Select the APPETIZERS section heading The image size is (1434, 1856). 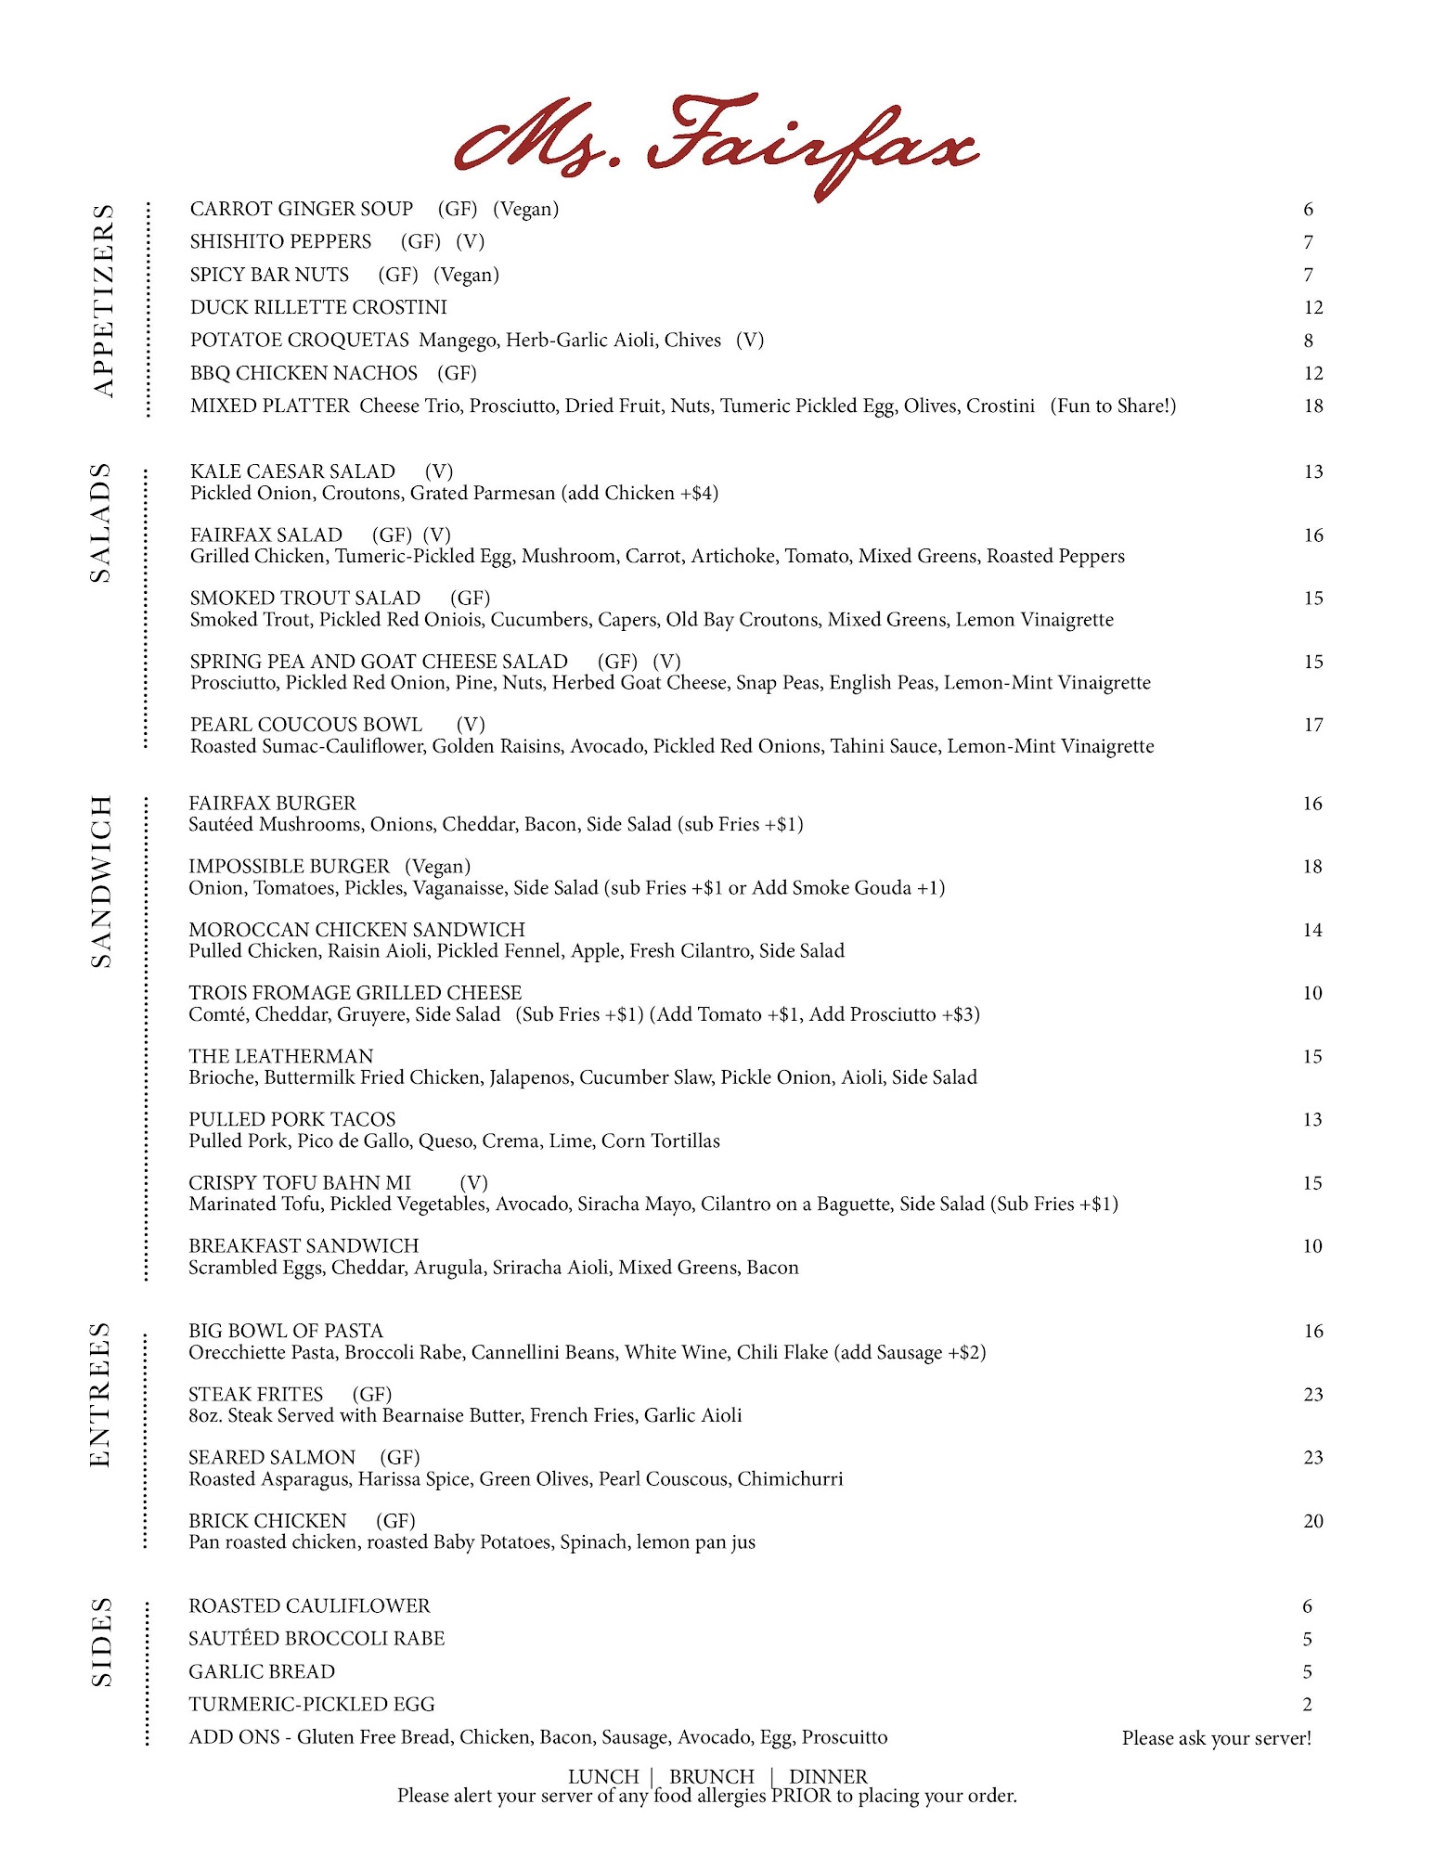[x=103, y=302]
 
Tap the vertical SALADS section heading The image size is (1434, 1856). [x=100, y=522]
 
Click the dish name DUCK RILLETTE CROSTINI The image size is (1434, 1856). [x=318, y=307]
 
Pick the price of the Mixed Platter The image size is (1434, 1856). [x=1312, y=406]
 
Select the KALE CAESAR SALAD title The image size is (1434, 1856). [x=292, y=471]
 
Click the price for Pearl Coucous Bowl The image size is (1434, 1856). [x=1312, y=725]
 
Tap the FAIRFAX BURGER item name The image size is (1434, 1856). [x=272, y=803]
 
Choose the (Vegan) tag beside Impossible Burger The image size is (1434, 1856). [x=437, y=866]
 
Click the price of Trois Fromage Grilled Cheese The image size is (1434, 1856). [x=1311, y=993]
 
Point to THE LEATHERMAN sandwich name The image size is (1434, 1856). [x=280, y=1056]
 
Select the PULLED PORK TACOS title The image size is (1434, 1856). [x=291, y=1119]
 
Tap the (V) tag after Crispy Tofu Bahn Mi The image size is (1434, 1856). [x=473, y=1182]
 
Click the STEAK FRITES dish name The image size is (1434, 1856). [x=255, y=1394]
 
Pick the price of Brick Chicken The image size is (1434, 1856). [x=1312, y=1521]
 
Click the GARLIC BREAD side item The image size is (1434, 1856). [x=262, y=1671]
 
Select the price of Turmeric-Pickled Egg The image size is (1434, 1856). [x=1307, y=1704]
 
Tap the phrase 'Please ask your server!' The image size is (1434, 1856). [x=1216, y=1738]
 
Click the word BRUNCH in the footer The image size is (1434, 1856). [x=712, y=1776]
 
